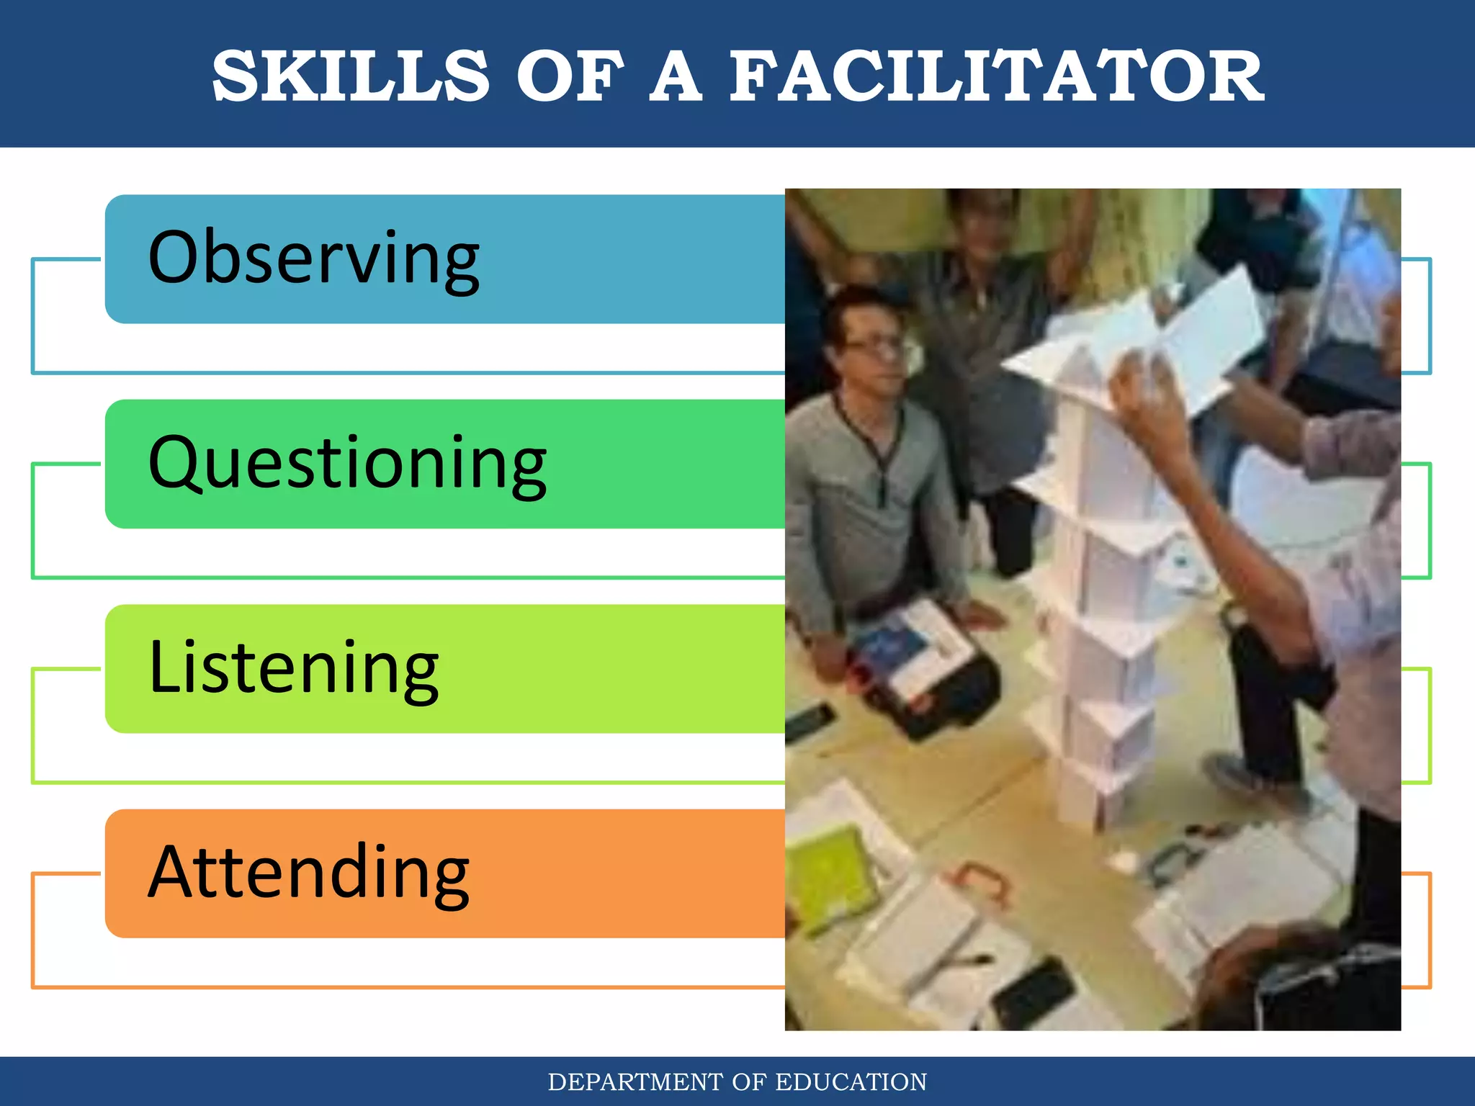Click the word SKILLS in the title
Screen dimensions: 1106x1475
pyautogui.click(x=351, y=76)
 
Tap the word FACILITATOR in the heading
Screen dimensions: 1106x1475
pyautogui.click(x=997, y=76)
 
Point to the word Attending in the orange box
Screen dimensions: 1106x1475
pyautogui.click(x=308, y=873)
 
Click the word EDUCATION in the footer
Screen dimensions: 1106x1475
pyautogui.click(x=851, y=1082)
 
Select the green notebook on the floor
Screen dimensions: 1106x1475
pyautogui.click(x=828, y=875)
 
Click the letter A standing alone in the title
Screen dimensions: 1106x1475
pyautogui.click(x=676, y=76)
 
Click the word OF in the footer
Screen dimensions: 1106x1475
pyautogui.click(x=753, y=1082)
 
